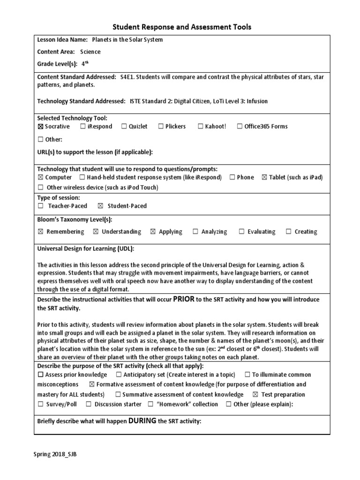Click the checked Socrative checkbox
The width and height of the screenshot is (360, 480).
click(x=40, y=127)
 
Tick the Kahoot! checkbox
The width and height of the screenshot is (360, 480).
click(x=201, y=127)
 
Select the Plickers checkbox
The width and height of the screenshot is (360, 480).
click(x=160, y=127)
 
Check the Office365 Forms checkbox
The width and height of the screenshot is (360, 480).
click(x=240, y=127)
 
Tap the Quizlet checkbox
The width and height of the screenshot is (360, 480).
click(x=124, y=127)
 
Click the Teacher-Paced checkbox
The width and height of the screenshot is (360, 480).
click(x=41, y=206)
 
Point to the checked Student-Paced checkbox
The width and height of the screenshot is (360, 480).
click(x=100, y=206)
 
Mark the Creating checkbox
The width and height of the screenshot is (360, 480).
click(x=288, y=232)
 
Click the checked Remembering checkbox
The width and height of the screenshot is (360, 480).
click(x=40, y=232)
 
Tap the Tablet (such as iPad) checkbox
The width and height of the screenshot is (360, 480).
click(x=264, y=178)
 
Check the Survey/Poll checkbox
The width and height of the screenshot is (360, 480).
click(x=40, y=405)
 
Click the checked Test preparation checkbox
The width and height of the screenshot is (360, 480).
click(x=255, y=395)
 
